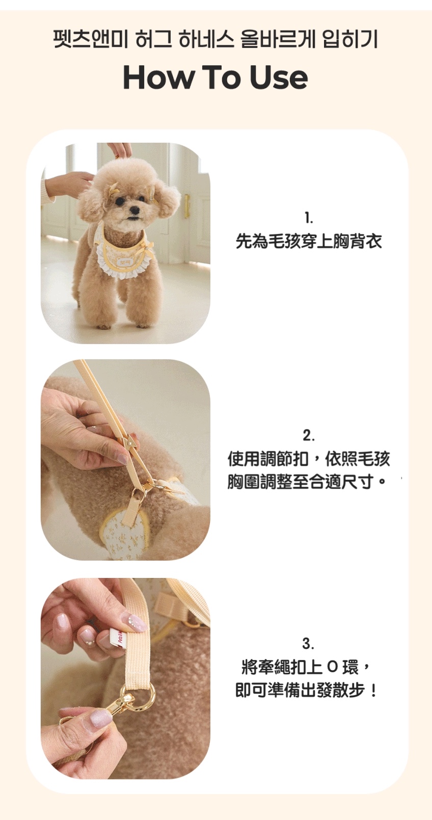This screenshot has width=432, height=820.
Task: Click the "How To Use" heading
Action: pyautogui.click(x=215, y=78)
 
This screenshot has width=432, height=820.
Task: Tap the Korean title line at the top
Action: pyautogui.click(x=215, y=40)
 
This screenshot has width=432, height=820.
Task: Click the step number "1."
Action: pyautogui.click(x=309, y=218)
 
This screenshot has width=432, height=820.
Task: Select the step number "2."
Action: pyautogui.click(x=308, y=435)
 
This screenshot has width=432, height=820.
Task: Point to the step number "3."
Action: pyautogui.click(x=308, y=643)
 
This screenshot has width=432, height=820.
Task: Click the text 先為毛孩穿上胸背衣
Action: pyautogui.click(x=309, y=241)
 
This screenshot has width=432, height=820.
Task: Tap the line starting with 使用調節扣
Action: pyautogui.click(x=309, y=459)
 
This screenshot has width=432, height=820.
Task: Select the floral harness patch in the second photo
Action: pyautogui.click(x=124, y=535)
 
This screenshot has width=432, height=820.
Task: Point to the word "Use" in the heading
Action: pyautogui.click(x=279, y=78)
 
